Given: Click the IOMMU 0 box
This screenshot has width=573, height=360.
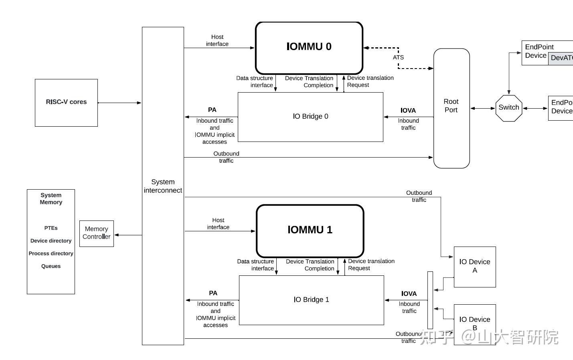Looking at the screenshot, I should point(309,47).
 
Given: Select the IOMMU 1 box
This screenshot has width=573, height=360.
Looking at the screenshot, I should point(310,230).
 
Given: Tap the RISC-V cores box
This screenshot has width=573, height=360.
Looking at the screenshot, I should point(66,103).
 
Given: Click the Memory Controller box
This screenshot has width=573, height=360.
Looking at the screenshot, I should point(96,233).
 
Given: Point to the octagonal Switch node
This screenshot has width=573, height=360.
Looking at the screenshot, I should point(508,108).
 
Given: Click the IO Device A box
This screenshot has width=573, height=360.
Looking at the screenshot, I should point(474,267).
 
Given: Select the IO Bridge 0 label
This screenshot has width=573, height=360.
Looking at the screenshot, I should point(310,116).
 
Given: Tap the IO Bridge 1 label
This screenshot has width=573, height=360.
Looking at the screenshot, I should point(311,299).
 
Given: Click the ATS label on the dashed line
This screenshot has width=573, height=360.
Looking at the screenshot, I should point(398,57).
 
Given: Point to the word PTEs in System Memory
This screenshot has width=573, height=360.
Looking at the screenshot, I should point(51,228).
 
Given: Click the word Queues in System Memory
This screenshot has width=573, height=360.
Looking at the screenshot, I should point(51,266).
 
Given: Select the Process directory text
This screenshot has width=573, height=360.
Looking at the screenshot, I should point(51,253).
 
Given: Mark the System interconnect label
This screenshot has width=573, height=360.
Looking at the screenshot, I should point(163,186).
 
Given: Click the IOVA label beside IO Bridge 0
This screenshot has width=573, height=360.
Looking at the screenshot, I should point(408,110).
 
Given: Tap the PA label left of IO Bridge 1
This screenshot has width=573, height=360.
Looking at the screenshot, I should point(213,293).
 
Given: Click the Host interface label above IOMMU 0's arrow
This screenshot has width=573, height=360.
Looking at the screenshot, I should point(217,40).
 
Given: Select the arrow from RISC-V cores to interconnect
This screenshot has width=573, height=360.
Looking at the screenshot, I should point(119,103).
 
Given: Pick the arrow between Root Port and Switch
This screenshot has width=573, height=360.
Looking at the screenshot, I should point(482,108).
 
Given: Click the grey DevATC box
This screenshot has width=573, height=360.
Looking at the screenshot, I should point(561,58).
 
